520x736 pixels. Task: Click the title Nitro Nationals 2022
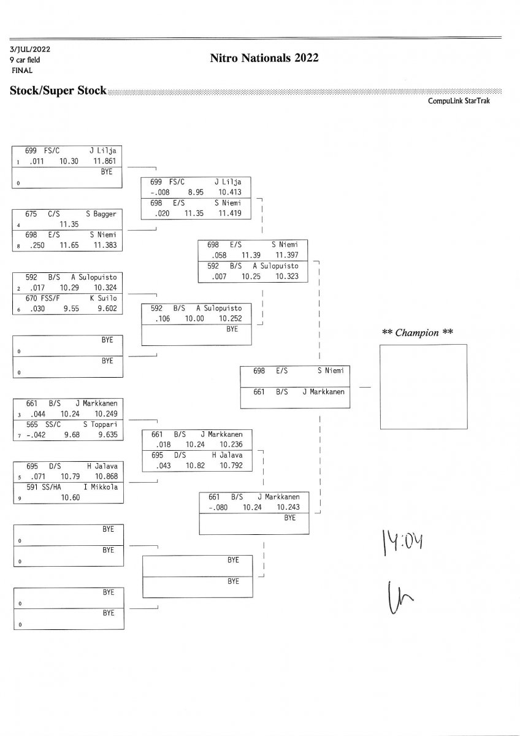(x=264, y=58)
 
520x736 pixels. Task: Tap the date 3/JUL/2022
(x=29, y=49)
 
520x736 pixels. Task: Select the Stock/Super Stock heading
(x=58, y=91)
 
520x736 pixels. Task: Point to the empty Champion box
(x=423, y=386)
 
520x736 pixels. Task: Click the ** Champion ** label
(x=418, y=333)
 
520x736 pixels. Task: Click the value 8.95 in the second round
(x=197, y=192)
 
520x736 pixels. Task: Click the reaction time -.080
(x=218, y=507)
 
